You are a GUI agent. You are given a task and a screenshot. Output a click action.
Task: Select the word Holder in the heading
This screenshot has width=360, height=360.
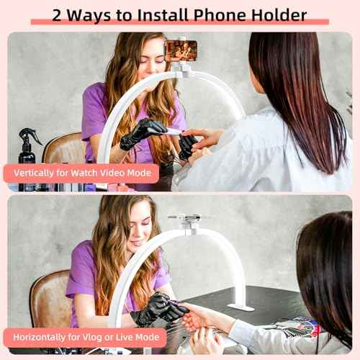point(279,14)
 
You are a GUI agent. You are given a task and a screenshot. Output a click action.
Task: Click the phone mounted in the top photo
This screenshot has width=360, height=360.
point(181,50)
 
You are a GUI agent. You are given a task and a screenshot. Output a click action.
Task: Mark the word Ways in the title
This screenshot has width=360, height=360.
point(96,14)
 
